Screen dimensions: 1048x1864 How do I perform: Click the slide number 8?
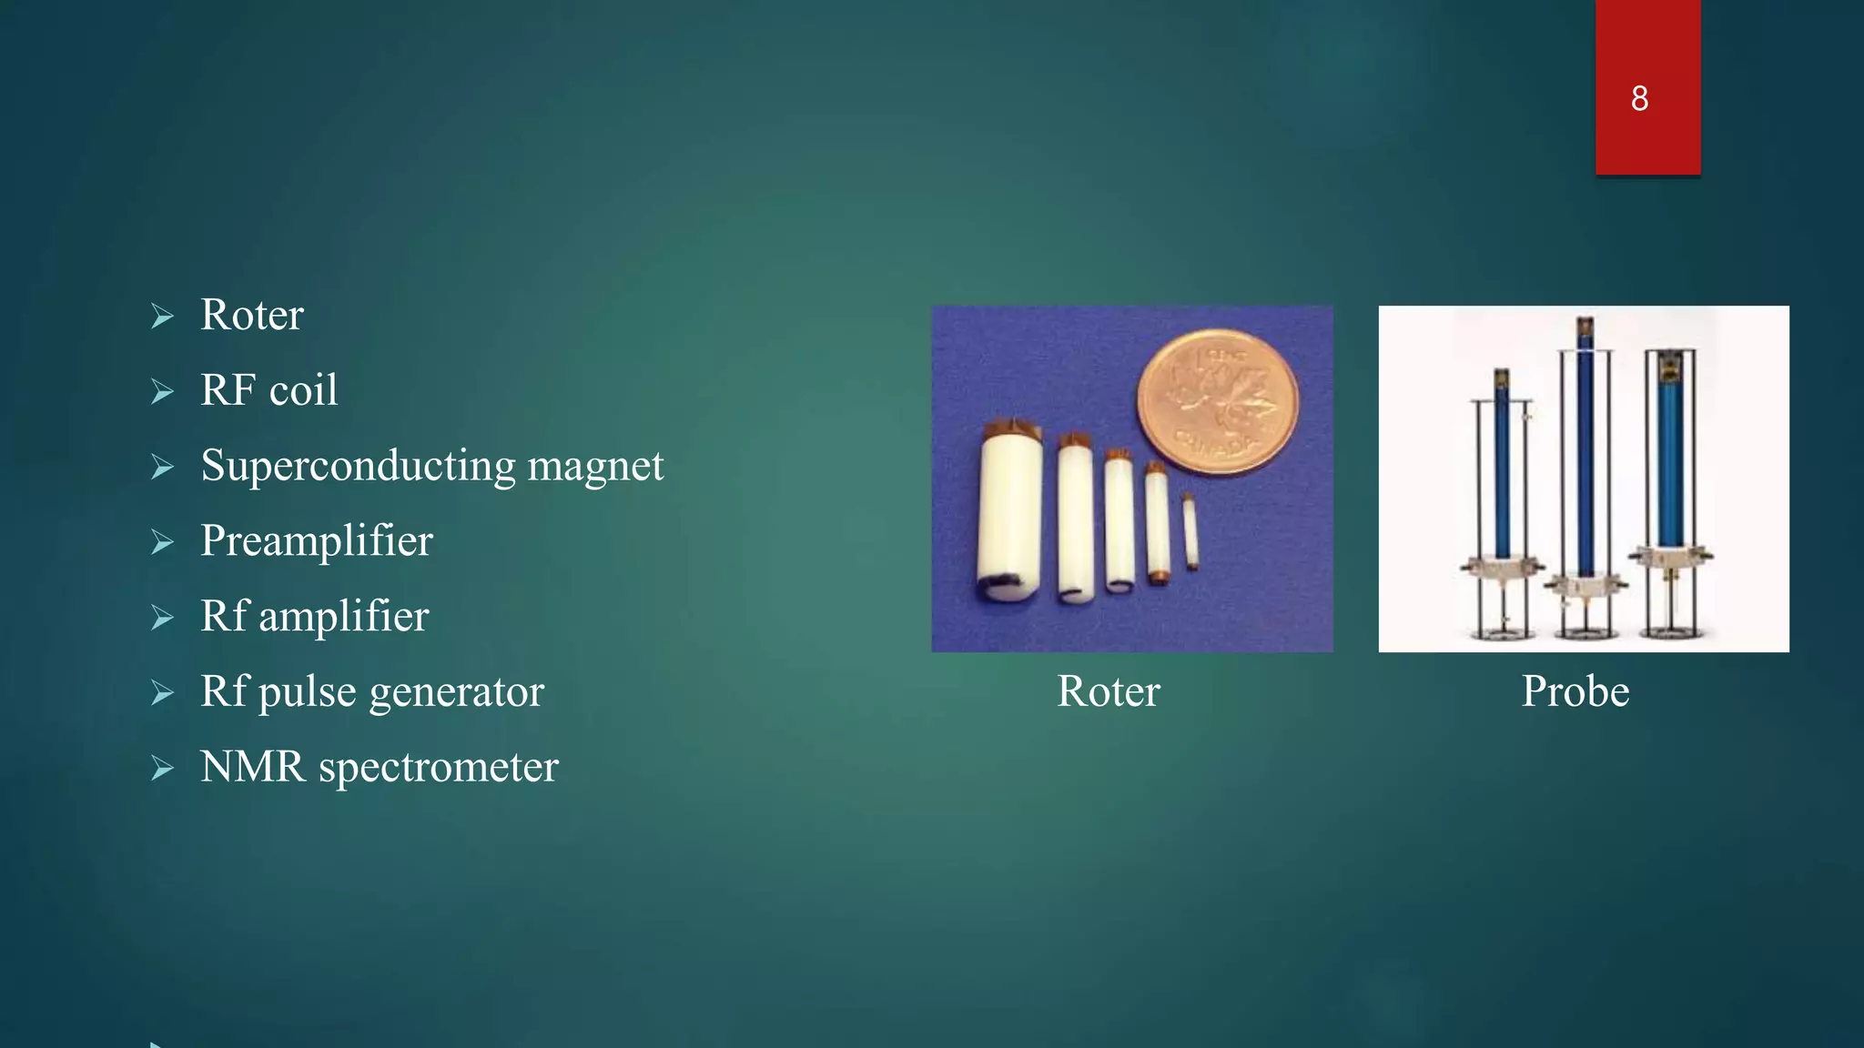pyautogui.click(x=1639, y=98)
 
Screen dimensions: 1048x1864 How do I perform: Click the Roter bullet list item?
pyautogui.click(x=251, y=315)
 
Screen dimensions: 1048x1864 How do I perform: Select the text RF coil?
pyautogui.click(x=268, y=390)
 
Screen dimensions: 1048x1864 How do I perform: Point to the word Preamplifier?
pyautogui.click(x=316, y=541)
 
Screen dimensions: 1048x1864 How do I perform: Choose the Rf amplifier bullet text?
pyautogui.click(x=314, y=617)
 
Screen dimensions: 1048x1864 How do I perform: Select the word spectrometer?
pyautogui.click(x=438, y=767)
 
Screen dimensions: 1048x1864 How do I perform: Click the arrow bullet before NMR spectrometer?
pyautogui.click(x=162, y=768)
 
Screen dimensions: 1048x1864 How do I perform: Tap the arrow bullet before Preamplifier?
pyautogui.click(x=162, y=542)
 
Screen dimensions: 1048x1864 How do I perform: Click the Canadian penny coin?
pyautogui.click(x=1218, y=401)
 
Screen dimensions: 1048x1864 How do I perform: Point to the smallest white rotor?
pyautogui.click(x=1190, y=533)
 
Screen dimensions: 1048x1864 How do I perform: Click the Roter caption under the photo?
pyautogui.click(x=1108, y=691)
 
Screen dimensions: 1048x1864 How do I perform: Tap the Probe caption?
pyautogui.click(x=1575, y=691)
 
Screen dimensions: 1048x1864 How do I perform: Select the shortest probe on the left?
pyautogui.click(x=1502, y=491)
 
